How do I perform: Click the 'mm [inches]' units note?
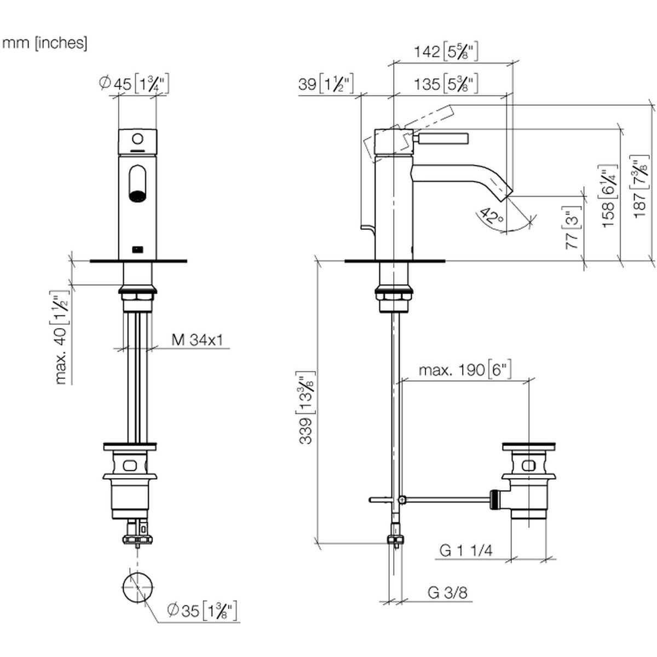(45, 44)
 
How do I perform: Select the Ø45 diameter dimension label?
(134, 84)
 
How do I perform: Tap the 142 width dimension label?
(446, 52)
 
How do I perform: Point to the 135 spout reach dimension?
(446, 84)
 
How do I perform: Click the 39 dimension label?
(326, 84)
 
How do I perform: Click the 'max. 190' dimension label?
(465, 370)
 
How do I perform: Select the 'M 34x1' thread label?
(197, 339)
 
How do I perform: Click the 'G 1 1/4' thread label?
(466, 551)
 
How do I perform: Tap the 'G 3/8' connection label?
(447, 592)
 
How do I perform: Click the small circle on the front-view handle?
(138, 139)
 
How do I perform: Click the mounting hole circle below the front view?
(137, 587)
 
